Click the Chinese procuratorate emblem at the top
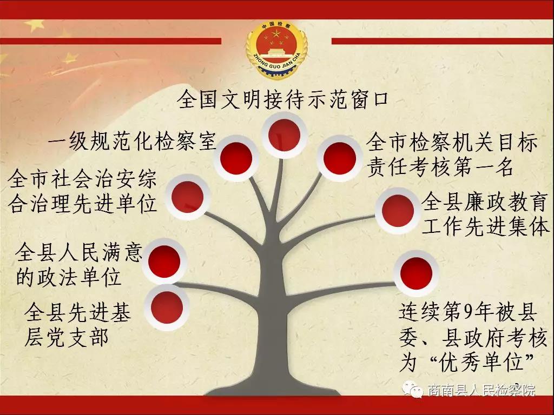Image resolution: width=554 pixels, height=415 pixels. point(276,50)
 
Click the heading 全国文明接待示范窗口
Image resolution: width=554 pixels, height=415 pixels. point(283,99)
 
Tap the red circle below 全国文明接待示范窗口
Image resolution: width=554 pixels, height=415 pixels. point(284,135)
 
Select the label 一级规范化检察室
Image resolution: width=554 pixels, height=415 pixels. point(132,142)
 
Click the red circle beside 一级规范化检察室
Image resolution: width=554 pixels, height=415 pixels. point(236,158)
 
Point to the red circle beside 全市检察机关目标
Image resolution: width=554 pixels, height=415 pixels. point(340,158)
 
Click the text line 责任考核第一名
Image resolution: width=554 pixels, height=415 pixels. point(440,167)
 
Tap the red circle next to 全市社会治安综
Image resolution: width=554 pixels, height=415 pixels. point(187,197)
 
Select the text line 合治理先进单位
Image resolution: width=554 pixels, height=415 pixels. point(83,204)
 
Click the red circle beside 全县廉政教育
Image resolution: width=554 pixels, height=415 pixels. point(398,211)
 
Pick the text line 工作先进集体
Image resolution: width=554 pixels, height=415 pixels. point(485,226)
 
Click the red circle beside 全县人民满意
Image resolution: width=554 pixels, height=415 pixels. point(164,262)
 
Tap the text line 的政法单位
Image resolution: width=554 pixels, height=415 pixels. point(69,277)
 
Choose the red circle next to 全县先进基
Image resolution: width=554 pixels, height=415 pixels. point(167,307)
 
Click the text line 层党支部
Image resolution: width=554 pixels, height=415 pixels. point(67,337)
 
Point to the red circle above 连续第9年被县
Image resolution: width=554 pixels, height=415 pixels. point(416,273)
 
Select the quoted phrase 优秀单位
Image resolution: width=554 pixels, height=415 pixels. point(482,363)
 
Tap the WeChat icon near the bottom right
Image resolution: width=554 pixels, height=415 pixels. point(413,389)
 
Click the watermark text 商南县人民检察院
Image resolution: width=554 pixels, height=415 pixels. point(481,390)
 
